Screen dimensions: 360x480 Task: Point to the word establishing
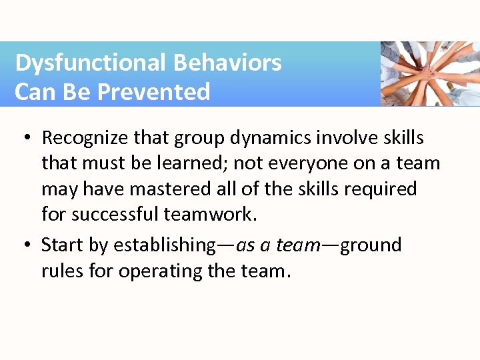click(164, 245)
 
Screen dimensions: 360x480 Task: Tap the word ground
click(371, 245)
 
